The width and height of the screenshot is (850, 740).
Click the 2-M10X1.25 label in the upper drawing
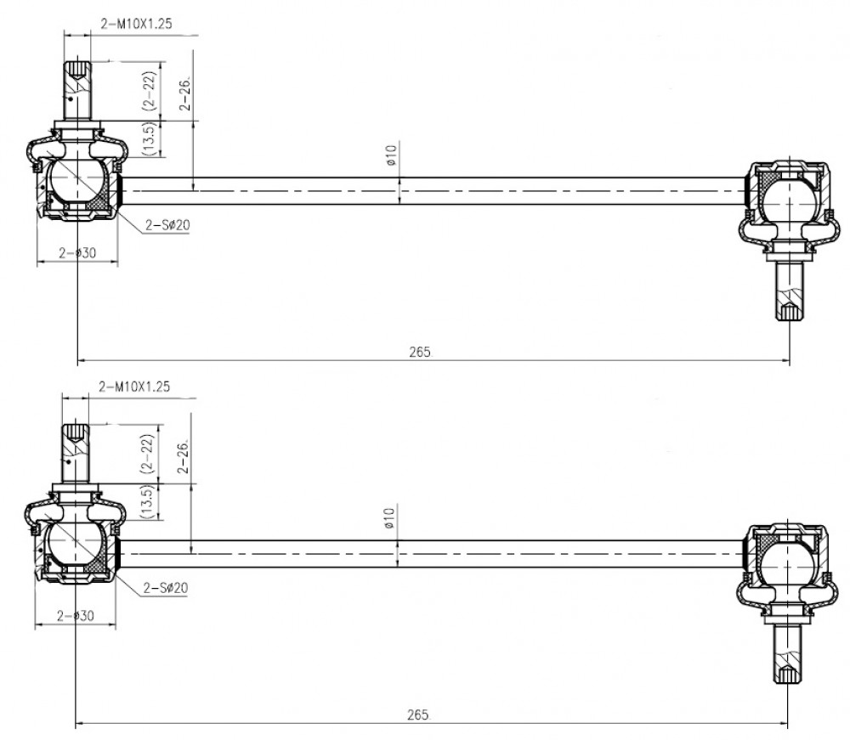(137, 23)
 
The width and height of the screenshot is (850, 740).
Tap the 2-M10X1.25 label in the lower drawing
(134, 387)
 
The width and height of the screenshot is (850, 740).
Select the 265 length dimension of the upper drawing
(420, 352)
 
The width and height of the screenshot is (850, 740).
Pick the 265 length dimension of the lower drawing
(417, 715)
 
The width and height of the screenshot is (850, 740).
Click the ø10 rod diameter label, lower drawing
(389, 518)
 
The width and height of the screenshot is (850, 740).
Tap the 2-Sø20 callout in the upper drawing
(167, 224)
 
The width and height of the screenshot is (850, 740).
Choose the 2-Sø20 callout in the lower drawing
(166, 587)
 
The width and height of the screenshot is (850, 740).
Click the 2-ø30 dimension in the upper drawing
(77, 252)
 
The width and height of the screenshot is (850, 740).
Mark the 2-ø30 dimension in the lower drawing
(76, 615)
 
